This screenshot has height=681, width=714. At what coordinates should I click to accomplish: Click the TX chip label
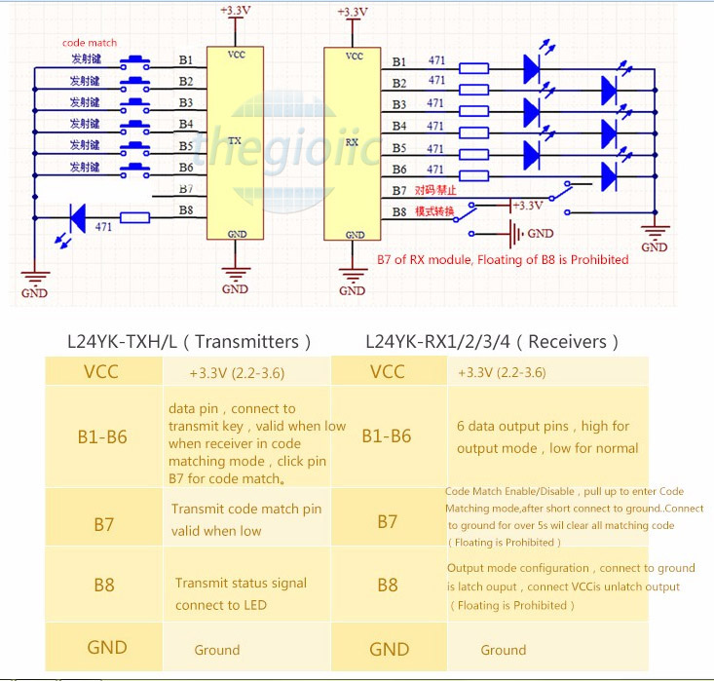point(234,141)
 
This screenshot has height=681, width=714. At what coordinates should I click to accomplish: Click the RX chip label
point(353,141)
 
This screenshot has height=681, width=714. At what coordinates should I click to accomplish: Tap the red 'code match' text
point(90,43)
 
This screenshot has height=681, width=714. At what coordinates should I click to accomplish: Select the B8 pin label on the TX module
point(186,209)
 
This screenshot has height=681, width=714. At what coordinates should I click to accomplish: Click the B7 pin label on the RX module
point(399,190)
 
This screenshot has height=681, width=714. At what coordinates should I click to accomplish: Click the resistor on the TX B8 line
point(134,218)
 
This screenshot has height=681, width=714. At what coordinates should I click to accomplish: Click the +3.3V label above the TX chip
point(235,11)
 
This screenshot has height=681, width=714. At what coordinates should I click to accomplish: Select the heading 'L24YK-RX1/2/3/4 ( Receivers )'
point(491,342)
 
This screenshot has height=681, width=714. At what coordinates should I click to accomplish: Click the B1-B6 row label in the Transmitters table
point(102,436)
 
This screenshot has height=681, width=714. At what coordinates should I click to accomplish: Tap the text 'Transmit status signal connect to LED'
point(241,594)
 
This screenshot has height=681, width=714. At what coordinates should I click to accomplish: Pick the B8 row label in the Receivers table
point(387,586)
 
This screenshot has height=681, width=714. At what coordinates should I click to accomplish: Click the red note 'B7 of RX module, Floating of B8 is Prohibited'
point(502,260)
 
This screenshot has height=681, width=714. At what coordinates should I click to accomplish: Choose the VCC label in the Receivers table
point(387,371)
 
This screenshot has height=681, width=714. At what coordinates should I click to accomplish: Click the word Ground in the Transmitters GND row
point(216,650)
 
